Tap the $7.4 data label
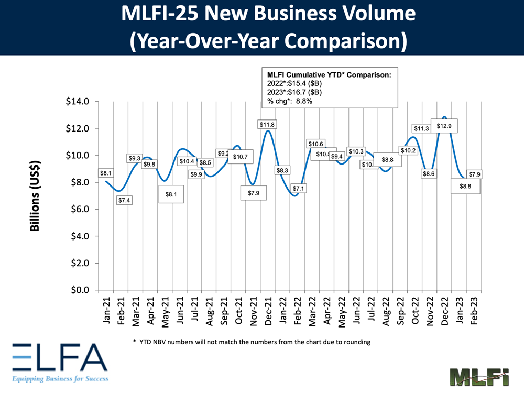coord(124,200)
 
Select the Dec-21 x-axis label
coord(268,311)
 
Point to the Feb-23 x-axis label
coord(476,311)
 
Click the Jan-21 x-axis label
coord(106,311)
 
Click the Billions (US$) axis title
coord(35,195)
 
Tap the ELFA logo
coord(59,362)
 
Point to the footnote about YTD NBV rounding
coord(252,342)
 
